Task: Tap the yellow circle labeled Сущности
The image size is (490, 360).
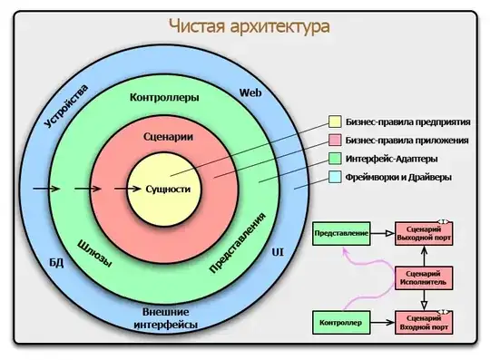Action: tap(168, 190)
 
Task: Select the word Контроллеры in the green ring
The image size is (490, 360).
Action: tap(164, 96)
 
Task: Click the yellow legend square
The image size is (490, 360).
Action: tap(335, 121)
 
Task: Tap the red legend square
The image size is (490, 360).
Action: tap(335, 140)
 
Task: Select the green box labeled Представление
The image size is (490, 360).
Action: tap(341, 234)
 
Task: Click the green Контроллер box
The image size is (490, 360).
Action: tap(341, 322)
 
